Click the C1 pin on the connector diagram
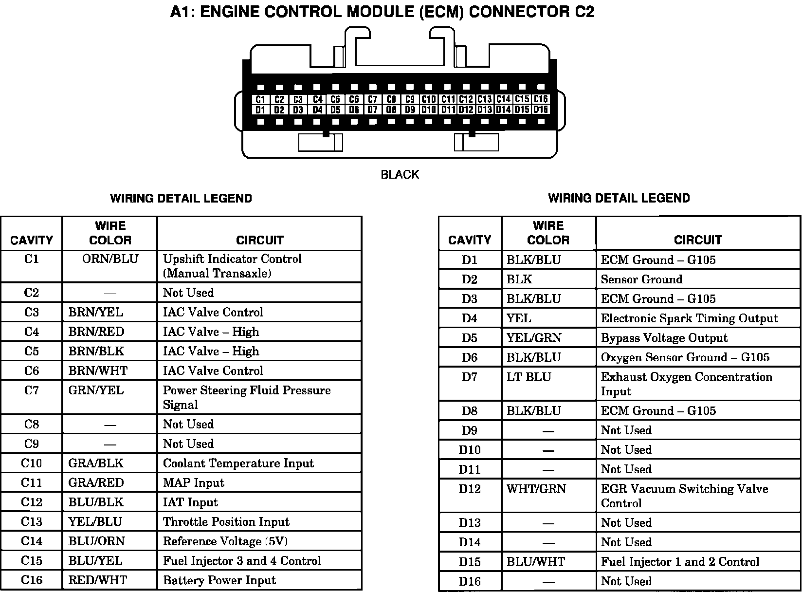click(260, 99)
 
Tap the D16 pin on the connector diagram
click(541, 110)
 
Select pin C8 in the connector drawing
click(391, 99)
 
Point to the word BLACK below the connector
click(400, 174)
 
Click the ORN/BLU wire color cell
click(110, 259)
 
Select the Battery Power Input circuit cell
click(219, 580)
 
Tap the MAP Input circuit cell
click(193, 483)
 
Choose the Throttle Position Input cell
click(226, 522)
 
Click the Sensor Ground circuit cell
click(641, 279)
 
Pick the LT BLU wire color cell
click(529, 377)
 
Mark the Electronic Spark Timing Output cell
click(689, 318)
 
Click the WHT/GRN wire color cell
click(536, 489)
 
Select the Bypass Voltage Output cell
click(664, 338)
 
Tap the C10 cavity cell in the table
click(31, 463)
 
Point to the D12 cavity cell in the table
click(469, 489)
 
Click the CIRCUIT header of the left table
click(259, 240)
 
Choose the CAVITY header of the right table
click(469, 240)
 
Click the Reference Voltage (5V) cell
click(225, 541)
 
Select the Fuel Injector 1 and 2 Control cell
click(680, 562)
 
